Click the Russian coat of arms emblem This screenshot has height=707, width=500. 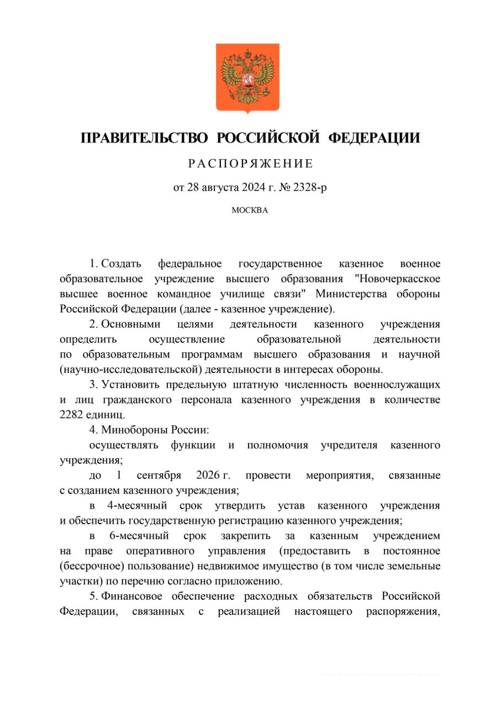[250, 78]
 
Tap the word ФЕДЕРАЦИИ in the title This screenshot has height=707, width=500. [373, 138]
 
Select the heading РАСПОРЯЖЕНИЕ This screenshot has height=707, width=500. [250, 163]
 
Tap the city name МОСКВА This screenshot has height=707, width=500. [250, 210]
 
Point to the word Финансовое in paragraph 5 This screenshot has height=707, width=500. [134, 597]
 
